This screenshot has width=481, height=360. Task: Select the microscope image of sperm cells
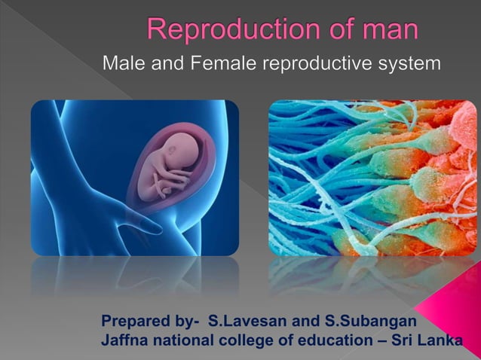tap(372, 178)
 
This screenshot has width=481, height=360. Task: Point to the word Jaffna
tap(123, 340)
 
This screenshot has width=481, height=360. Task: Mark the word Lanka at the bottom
tap(437, 340)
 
